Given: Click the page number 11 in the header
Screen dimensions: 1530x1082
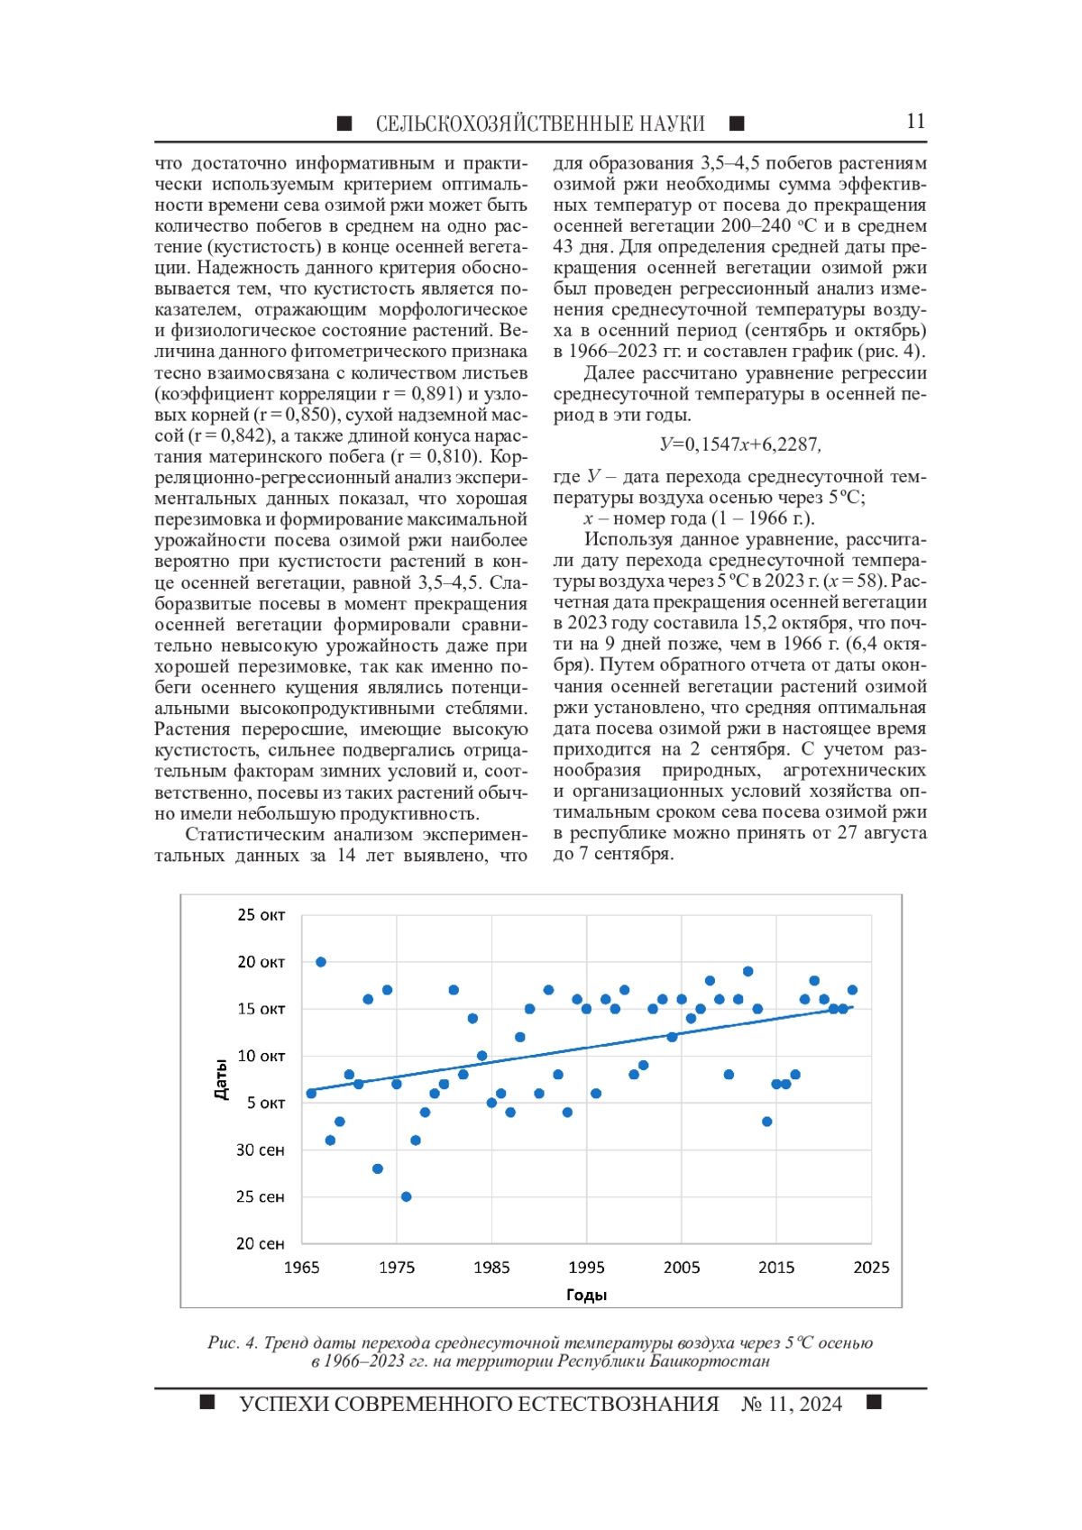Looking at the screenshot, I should tap(915, 122).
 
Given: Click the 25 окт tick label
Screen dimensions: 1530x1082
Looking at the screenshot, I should tap(261, 915).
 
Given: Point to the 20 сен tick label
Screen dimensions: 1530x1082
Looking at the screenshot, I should tap(260, 1244).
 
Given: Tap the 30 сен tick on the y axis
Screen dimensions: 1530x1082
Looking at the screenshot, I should tap(260, 1150).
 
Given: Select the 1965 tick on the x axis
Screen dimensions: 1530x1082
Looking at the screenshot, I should tap(301, 1268).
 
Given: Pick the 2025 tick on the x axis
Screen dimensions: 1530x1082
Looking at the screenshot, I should tap(871, 1268).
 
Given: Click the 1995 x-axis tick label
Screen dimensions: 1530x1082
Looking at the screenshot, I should tap(586, 1268).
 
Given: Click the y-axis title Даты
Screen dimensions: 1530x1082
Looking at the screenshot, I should tap(221, 1079).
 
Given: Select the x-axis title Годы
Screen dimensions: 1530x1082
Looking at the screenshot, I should tap(586, 1296).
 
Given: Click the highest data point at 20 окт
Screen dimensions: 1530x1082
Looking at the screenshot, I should tap(321, 962).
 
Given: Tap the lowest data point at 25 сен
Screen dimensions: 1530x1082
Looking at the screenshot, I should tap(407, 1197).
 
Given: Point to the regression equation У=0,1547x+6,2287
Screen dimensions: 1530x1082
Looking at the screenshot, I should tap(739, 444).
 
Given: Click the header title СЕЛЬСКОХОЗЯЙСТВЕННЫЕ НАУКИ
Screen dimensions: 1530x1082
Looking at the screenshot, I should tap(540, 124).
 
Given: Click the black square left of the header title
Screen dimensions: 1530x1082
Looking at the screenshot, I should tap(344, 124).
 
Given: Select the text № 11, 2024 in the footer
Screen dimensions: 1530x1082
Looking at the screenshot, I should tap(792, 1404).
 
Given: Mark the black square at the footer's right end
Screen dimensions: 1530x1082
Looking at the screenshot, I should tap(873, 1402).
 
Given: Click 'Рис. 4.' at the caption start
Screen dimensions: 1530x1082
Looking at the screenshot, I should tap(233, 1343).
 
